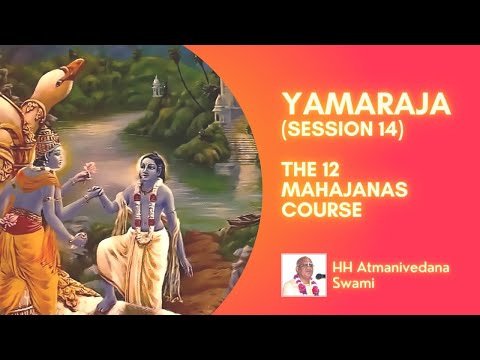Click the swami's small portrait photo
[x=303, y=275]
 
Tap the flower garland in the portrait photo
[x=303, y=287]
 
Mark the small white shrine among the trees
[x=158, y=87]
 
